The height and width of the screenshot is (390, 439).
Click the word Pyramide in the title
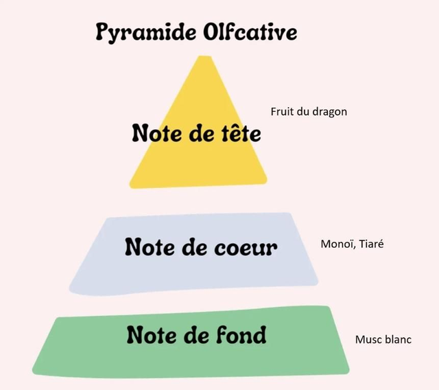click(x=146, y=32)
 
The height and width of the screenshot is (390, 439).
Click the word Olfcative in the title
click(x=250, y=32)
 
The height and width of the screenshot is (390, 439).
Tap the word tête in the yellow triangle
click(x=241, y=133)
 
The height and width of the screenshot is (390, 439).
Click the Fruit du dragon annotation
click(x=309, y=112)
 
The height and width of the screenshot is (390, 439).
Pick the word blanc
click(x=398, y=340)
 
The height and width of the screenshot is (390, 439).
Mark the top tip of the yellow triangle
click(x=205, y=56)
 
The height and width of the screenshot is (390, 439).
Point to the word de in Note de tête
click(x=202, y=133)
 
